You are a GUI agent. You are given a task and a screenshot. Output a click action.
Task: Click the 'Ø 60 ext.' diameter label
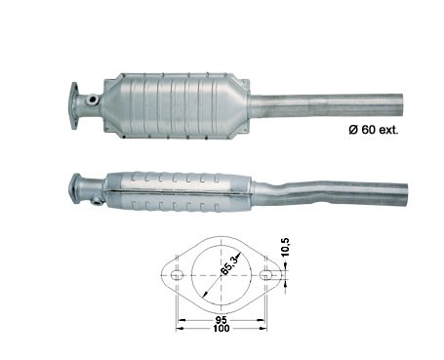point(374,130)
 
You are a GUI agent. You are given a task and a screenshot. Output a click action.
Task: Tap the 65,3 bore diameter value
point(230,264)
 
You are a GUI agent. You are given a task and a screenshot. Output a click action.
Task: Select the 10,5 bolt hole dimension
point(285,247)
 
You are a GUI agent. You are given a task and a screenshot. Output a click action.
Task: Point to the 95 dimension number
point(222,320)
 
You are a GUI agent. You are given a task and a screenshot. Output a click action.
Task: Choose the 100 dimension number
point(222,329)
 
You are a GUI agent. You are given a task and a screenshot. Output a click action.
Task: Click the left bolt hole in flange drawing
point(177,275)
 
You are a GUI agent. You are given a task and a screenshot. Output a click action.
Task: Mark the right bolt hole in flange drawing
point(265,275)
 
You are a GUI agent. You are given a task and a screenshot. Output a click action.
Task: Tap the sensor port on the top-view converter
point(93,100)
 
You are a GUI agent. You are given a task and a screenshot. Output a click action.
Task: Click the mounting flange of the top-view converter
point(75,105)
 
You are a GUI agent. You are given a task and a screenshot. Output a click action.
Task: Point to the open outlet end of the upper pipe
point(400,105)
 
